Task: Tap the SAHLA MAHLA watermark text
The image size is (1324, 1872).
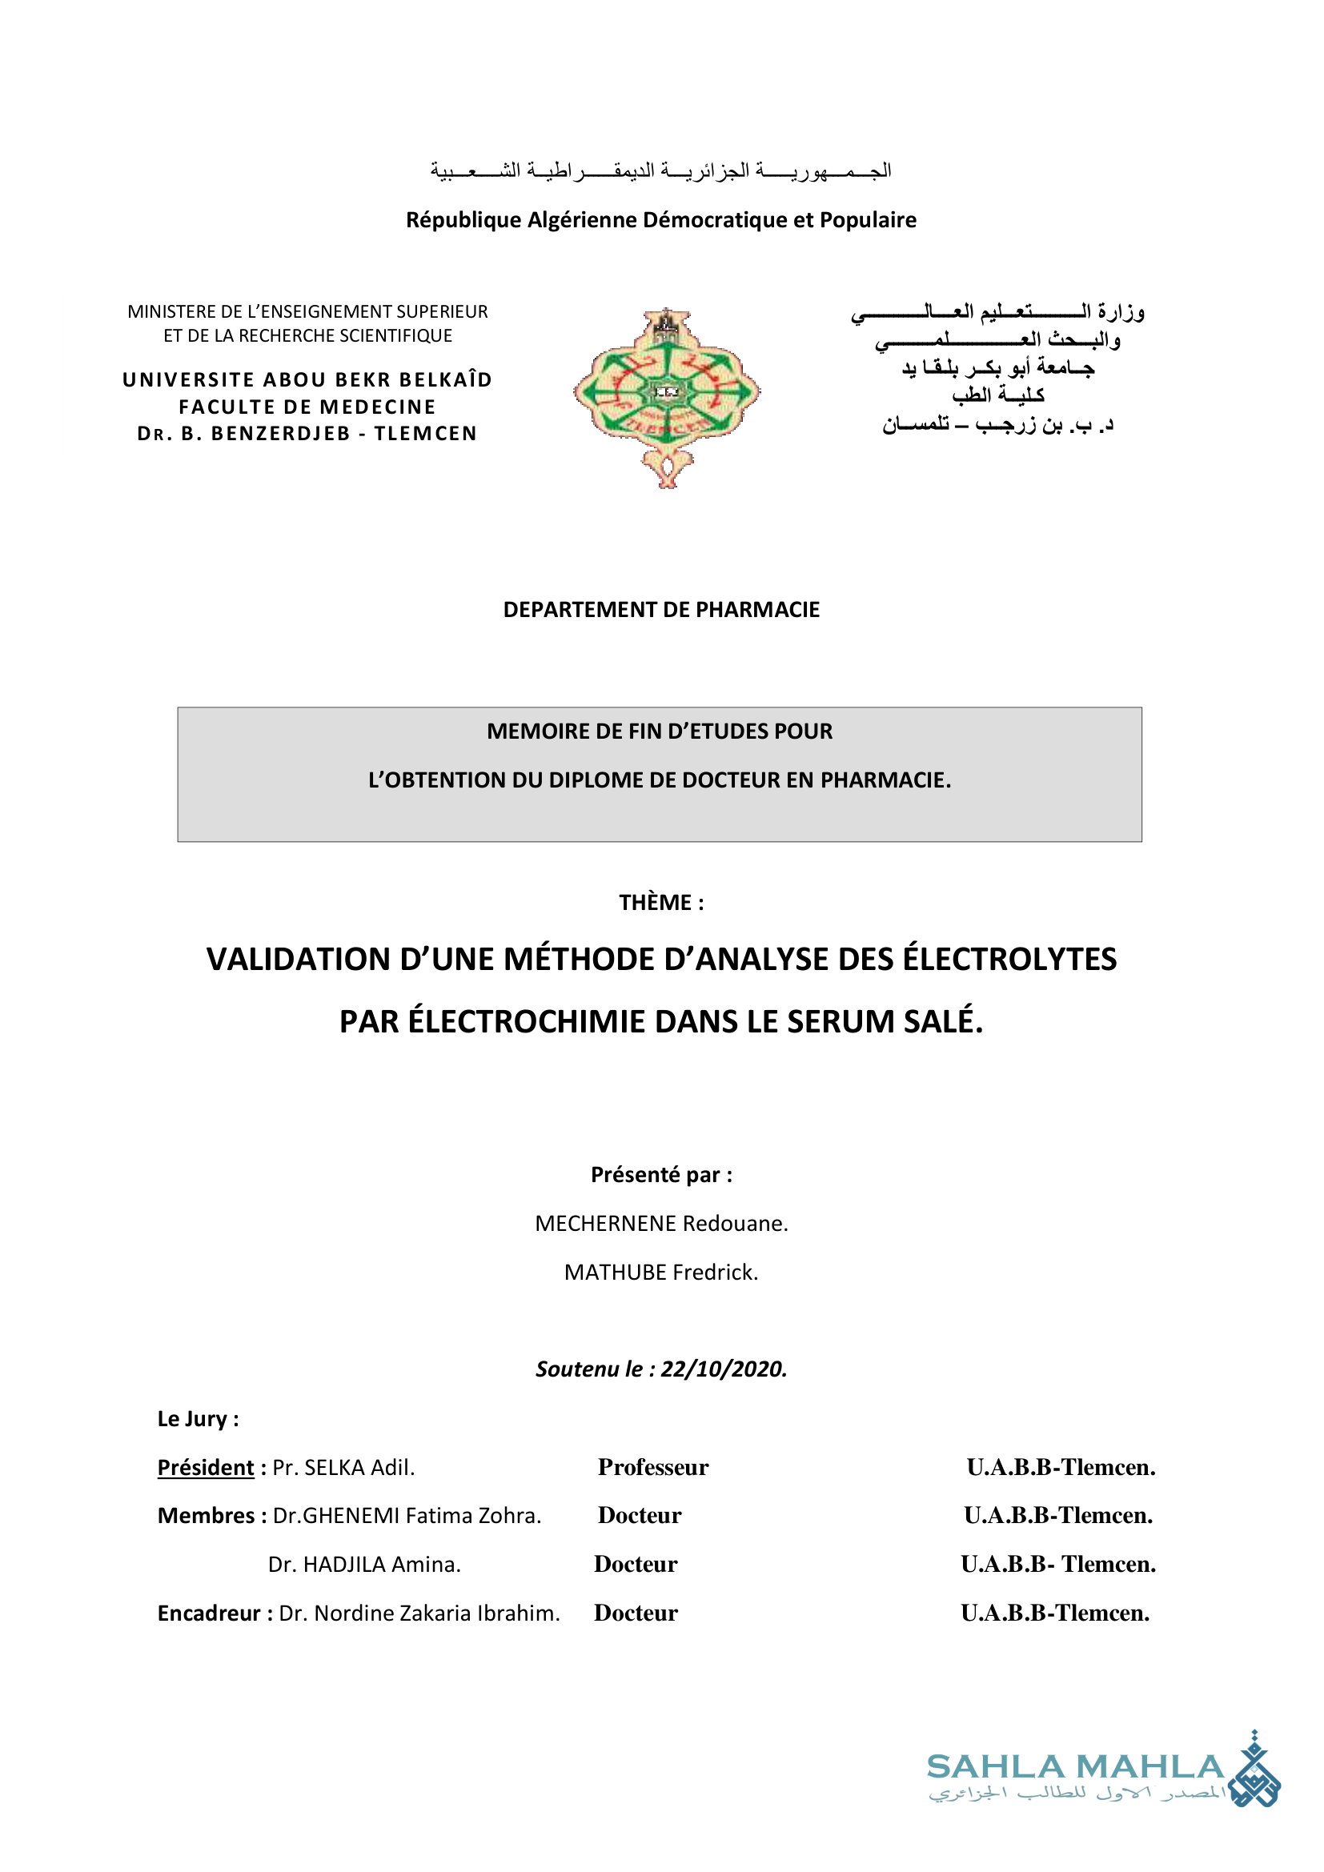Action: pos(1074,1768)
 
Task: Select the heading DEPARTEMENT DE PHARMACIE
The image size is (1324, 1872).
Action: pos(661,610)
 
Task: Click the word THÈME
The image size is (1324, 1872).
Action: pos(656,903)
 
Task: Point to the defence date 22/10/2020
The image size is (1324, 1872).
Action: pos(723,1369)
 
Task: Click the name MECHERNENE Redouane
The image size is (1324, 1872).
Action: pos(661,1223)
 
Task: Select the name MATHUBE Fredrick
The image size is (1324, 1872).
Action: pos(661,1272)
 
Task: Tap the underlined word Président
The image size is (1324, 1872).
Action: pos(206,1468)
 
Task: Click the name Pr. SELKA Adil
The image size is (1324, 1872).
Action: pos(343,1468)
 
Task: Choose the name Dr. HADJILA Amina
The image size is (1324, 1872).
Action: pos(364,1565)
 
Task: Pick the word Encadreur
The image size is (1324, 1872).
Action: pos(209,1613)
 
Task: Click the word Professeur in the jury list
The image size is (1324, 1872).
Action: pos(653,1468)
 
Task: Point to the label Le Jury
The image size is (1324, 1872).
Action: pos(197,1419)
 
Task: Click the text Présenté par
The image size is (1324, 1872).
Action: pos(661,1175)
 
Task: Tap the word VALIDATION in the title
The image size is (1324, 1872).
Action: pos(299,960)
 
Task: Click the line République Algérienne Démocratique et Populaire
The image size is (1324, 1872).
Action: pos(661,220)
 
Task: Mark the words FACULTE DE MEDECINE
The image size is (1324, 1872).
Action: pos(307,407)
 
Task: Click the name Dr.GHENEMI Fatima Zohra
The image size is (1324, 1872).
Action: pos(407,1516)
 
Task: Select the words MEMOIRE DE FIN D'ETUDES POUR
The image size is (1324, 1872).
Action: pos(660,732)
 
